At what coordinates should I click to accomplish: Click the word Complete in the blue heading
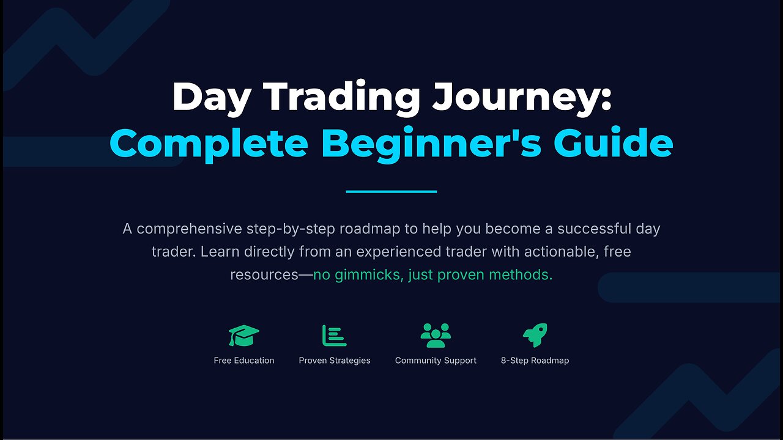209,144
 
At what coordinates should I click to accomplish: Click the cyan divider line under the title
391,191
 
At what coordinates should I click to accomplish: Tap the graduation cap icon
244,335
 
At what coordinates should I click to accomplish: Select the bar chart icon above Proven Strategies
334,335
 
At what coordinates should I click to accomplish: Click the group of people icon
436,335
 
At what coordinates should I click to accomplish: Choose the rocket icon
535,335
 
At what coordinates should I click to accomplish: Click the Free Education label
244,361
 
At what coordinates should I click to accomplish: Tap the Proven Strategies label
335,361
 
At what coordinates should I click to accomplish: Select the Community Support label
436,361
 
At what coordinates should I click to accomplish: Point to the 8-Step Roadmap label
535,361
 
